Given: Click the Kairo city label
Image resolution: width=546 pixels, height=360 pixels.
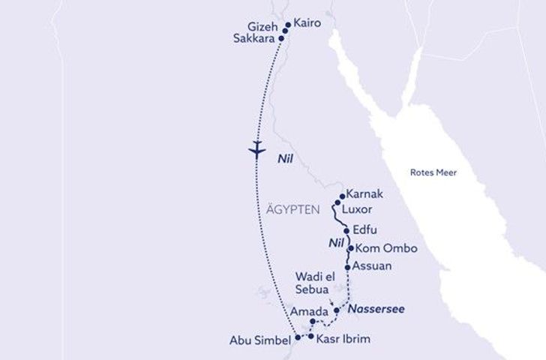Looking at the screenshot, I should (307, 23).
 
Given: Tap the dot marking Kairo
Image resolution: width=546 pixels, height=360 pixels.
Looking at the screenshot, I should (287, 25).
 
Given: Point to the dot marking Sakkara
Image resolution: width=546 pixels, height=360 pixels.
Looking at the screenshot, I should (281, 37).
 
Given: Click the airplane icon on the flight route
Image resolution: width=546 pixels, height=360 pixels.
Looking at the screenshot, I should (256, 148).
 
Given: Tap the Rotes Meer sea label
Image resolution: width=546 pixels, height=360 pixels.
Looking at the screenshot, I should (433, 172).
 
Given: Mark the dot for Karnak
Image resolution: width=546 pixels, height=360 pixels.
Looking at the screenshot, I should (342, 196).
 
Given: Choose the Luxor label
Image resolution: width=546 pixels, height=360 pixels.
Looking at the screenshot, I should (357, 209).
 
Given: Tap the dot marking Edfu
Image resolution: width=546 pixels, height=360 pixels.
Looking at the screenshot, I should (346, 231).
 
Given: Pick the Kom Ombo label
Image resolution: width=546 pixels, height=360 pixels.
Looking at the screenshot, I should (385, 248).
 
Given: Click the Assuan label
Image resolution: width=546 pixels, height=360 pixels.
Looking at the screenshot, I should (372, 265).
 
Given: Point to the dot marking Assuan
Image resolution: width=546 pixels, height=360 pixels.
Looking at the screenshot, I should (347, 267).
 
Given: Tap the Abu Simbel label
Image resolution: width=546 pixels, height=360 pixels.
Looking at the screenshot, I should (259, 341).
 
